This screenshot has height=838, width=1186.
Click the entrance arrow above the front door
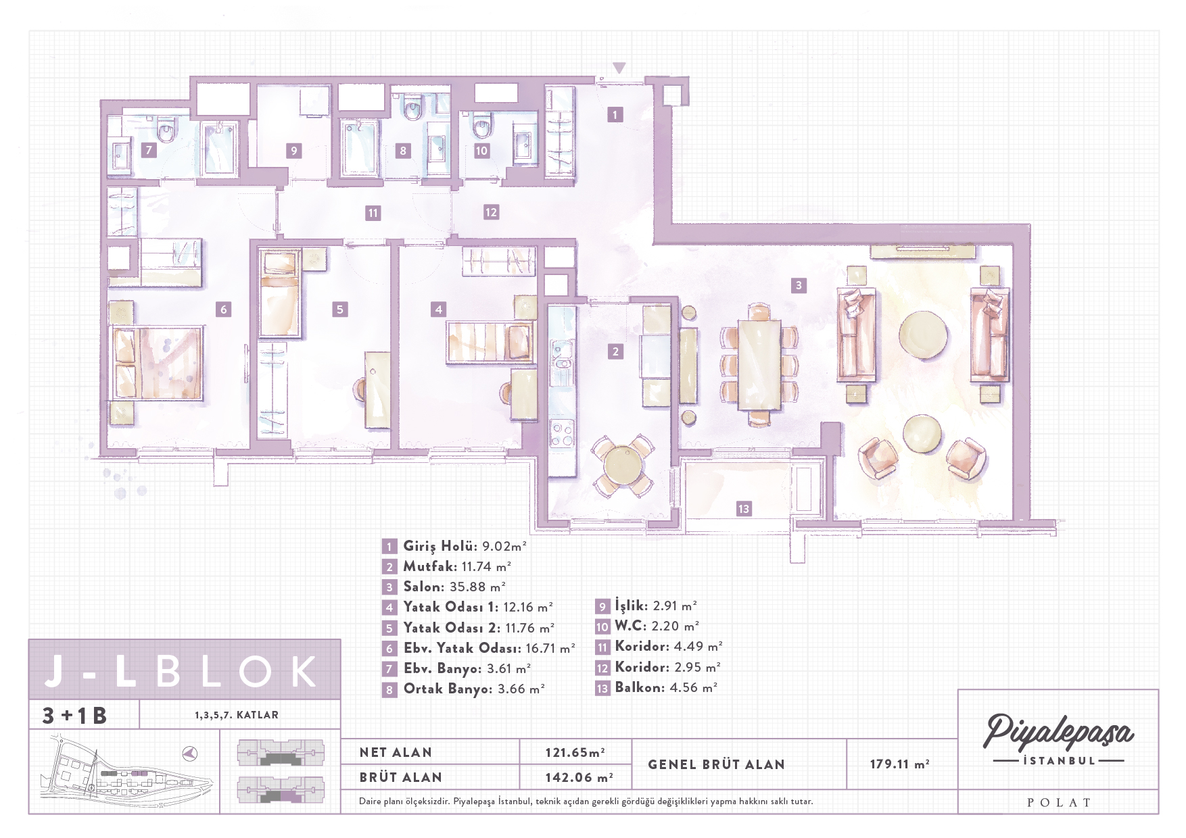coord(619,68)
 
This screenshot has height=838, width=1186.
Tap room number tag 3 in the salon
coord(799,285)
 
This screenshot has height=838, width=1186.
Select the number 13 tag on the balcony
coord(744,509)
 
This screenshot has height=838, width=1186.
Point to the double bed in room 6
coord(156,363)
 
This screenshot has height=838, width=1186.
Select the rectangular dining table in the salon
coord(759,365)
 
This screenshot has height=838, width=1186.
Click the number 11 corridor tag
coord(373,213)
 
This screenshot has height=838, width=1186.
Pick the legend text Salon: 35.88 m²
coord(454,587)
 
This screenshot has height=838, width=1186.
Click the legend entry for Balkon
coord(665,688)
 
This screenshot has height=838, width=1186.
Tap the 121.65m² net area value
coord(575,752)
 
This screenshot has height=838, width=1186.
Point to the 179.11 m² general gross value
coord(899,764)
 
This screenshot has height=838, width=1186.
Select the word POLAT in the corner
coord(1059,803)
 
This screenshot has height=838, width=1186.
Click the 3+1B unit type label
coord(74,716)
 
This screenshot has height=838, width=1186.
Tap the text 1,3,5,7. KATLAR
coord(237,715)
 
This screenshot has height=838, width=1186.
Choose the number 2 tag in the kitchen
coord(615,351)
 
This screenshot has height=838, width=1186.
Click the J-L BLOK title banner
coord(184,669)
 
